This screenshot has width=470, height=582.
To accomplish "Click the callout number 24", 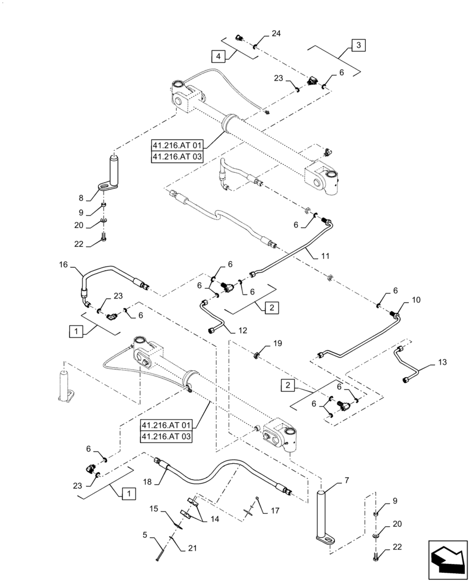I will pos(276,34).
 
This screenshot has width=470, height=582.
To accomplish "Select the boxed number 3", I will pos(358,45).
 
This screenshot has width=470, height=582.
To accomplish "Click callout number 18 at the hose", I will pos(147,482).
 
